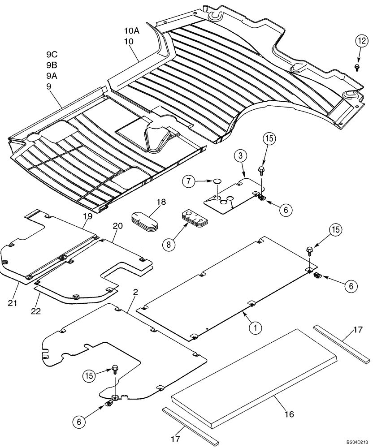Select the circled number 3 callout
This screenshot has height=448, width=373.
(x=240, y=156)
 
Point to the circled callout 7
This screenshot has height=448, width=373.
(x=189, y=181)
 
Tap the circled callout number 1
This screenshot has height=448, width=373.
(x=255, y=328)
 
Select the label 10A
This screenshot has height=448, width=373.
(x=132, y=31)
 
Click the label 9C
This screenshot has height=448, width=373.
(x=52, y=55)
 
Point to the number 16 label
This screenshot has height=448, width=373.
(x=289, y=414)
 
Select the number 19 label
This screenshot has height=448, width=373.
(x=87, y=216)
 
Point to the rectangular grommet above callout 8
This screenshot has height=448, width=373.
(x=195, y=218)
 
